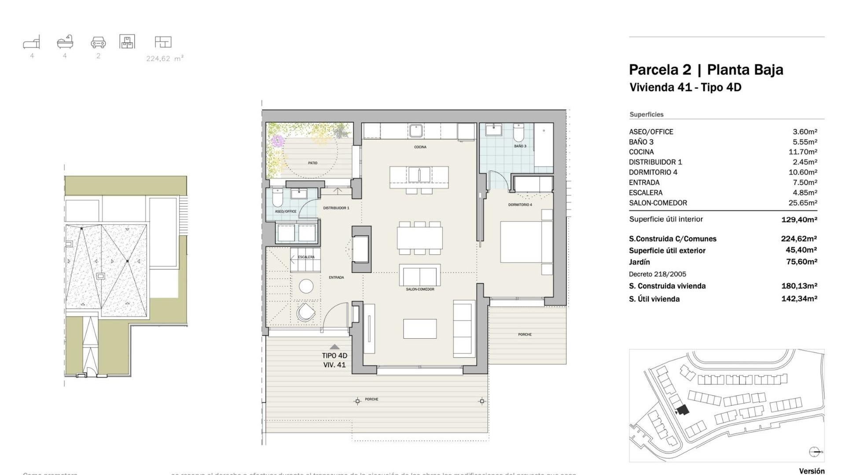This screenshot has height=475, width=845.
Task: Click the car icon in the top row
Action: (98, 42)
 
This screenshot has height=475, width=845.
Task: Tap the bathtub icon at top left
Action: (65, 42)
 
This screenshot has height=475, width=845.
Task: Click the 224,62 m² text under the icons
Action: (165, 58)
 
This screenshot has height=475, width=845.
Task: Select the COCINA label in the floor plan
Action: (420, 147)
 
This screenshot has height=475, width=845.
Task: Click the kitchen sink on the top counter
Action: (416, 131)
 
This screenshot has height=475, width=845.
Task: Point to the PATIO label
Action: (312, 163)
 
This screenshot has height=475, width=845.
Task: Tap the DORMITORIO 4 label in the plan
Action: (520, 205)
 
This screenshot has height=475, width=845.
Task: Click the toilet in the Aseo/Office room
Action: (277, 199)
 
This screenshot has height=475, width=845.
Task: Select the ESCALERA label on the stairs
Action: (306, 257)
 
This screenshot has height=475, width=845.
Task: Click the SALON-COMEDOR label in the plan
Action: (420, 289)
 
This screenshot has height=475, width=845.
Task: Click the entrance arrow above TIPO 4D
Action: (334, 347)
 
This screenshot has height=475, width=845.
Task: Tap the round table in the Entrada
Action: (306, 286)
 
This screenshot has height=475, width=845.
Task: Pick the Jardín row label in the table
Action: (639, 262)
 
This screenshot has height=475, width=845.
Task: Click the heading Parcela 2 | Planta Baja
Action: (705, 69)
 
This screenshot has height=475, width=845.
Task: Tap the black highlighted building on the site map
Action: (683, 410)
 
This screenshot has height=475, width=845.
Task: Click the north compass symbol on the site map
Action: (814, 452)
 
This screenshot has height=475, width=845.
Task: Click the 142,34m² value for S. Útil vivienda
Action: (799, 299)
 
